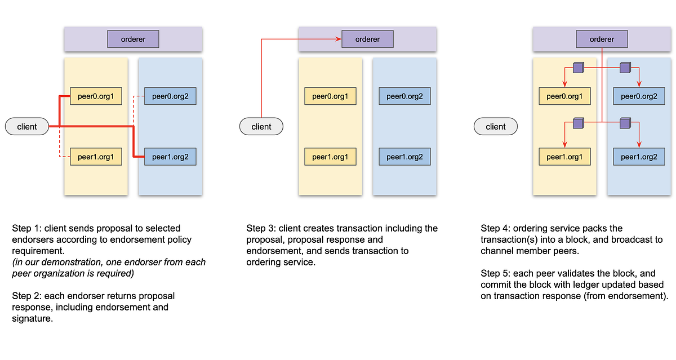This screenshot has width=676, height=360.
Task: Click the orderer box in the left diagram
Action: [x=133, y=39]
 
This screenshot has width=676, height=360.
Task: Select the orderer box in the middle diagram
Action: [x=367, y=39]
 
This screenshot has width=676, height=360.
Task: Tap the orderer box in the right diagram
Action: [x=602, y=39]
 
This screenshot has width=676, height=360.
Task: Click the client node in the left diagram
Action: [x=27, y=127]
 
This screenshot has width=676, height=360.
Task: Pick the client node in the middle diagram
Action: [x=261, y=127]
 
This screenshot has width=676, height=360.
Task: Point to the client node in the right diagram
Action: [x=496, y=127]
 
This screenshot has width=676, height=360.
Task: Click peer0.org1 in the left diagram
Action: [x=96, y=96]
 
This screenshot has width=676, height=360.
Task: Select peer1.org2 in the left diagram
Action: [x=170, y=157]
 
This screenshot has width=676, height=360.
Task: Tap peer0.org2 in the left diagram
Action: [x=170, y=96]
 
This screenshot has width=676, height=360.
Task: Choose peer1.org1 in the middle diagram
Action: [x=330, y=157]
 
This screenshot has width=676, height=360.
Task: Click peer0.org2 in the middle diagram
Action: [x=404, y=96]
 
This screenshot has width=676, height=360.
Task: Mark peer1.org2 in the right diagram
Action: [x=639, y=157]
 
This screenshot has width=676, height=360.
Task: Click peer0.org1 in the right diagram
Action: [x=564, y=96]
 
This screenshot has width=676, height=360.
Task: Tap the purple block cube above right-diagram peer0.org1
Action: [x=578, y=68]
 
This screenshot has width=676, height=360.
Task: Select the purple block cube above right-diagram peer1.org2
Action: [x=625, y=122]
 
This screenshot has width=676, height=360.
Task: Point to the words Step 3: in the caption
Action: [x=262, y=228]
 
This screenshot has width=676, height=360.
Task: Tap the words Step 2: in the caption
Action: [x=28, y=296]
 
